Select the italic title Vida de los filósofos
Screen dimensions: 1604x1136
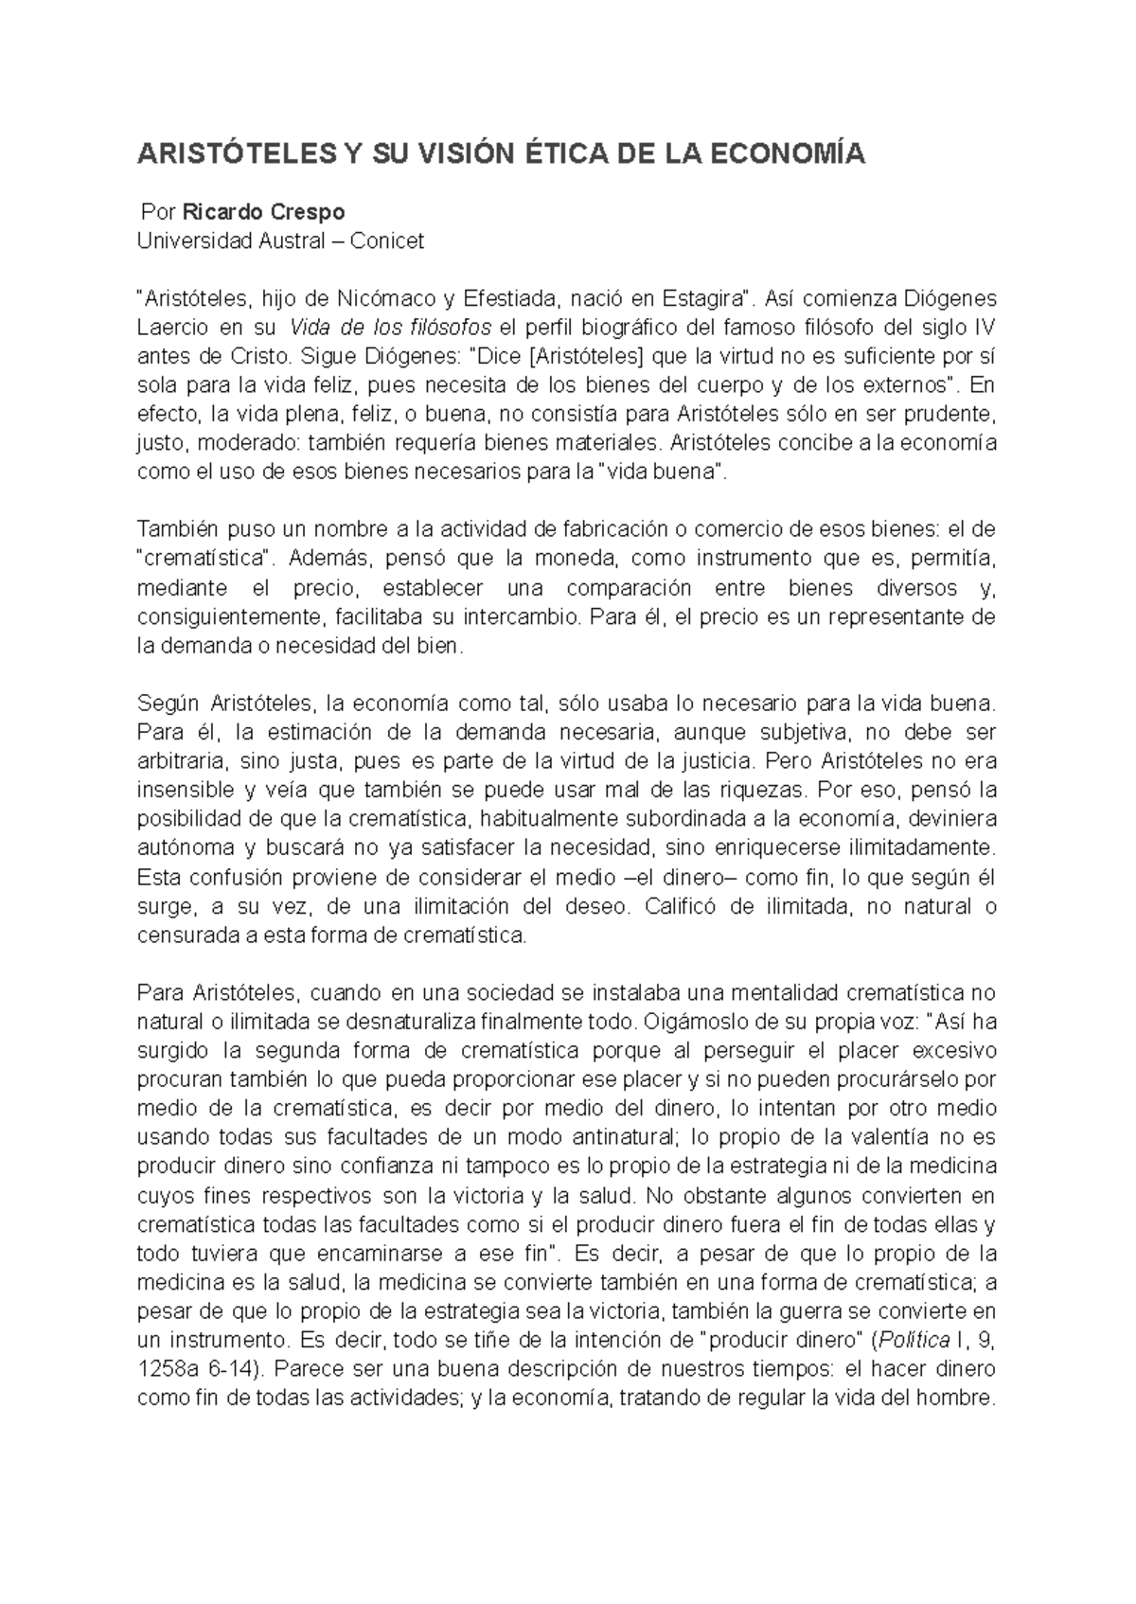point(390,328)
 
